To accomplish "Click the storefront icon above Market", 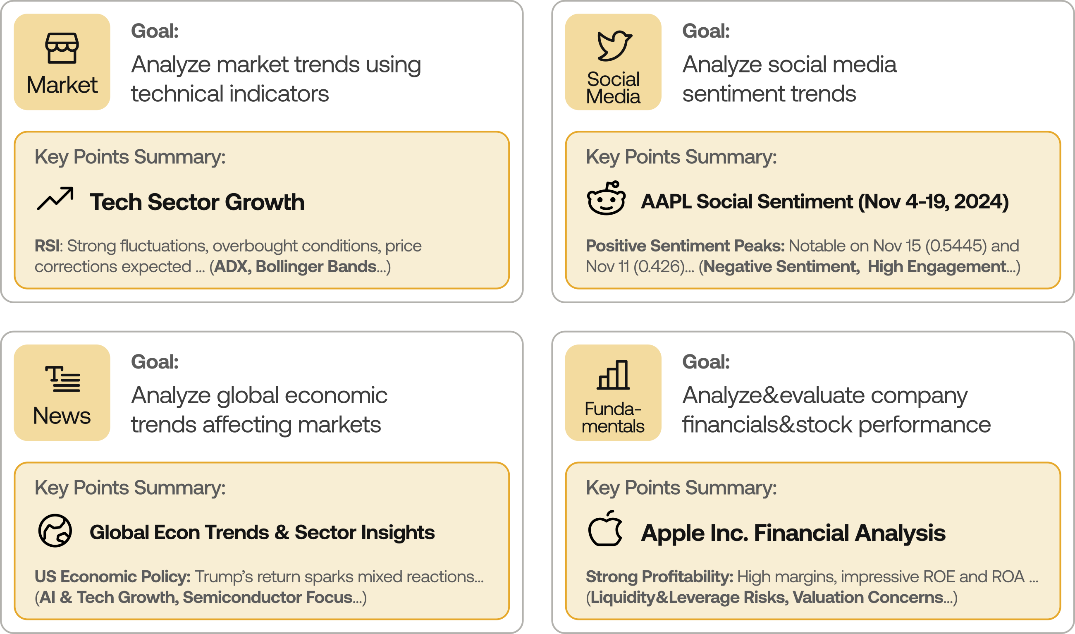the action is pyautogui.click(x=62, y=48).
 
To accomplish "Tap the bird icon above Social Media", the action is pyautogui.click(x=614, y=46).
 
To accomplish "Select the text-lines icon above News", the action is pyautogui.click(x=63, y=378).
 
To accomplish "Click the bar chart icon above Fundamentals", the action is pyautogui.click(x=613, y=375).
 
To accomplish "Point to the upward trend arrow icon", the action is pyautogui.click(x=55, y=198).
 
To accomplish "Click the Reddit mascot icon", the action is pyautogui.click(x=606, y=198).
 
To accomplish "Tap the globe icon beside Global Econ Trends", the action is pyautogui.click(x=55, y=531).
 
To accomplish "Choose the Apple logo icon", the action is pyautogui.click(x=605, y=528).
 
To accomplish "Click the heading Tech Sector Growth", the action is pyautogui.click(x=197, y=202).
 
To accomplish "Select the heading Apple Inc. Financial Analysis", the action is pyautogui.click(x=793, y=533).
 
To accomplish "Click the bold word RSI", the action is pyautogui.click(x=47, y=246).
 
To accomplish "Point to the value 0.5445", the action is pyautogui.click(x=956, y=246).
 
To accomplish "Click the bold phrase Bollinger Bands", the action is pyautogui.click(x=316, y=267).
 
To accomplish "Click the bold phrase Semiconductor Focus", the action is pyautogui.click(x=268, y=597).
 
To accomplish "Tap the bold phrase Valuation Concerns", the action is pyautogui.click(x=868, y=597).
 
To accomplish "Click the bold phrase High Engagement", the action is pyautogui.click(x=937, y=267).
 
